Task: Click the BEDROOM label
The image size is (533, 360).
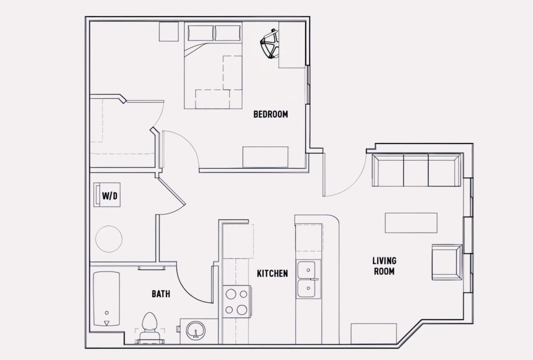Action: coord(270,114)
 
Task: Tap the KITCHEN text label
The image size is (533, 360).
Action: coord(272,273)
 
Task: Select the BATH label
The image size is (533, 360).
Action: coord(161,294)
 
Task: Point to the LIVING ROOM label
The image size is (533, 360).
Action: coord(384,266)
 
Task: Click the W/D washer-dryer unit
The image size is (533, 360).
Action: coord(107,195)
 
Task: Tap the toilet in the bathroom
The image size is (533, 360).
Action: coord(149,328)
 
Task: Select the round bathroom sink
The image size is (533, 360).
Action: coord(195,331)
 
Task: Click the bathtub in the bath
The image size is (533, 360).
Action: coord(106,299)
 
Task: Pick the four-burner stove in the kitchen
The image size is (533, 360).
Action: coord(237,301)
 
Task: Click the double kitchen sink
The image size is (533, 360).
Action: coord(308,279)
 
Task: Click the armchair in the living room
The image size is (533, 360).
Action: coord(447,262)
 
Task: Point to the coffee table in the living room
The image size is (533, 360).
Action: coord(411,223)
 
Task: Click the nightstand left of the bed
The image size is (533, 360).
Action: coord(169,32)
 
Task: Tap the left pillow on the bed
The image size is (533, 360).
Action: coord(201,33)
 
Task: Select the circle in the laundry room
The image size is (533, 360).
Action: coord(109,239)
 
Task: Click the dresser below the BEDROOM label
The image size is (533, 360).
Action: coord(265,157)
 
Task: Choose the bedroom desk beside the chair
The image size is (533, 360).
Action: coord(292,45)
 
